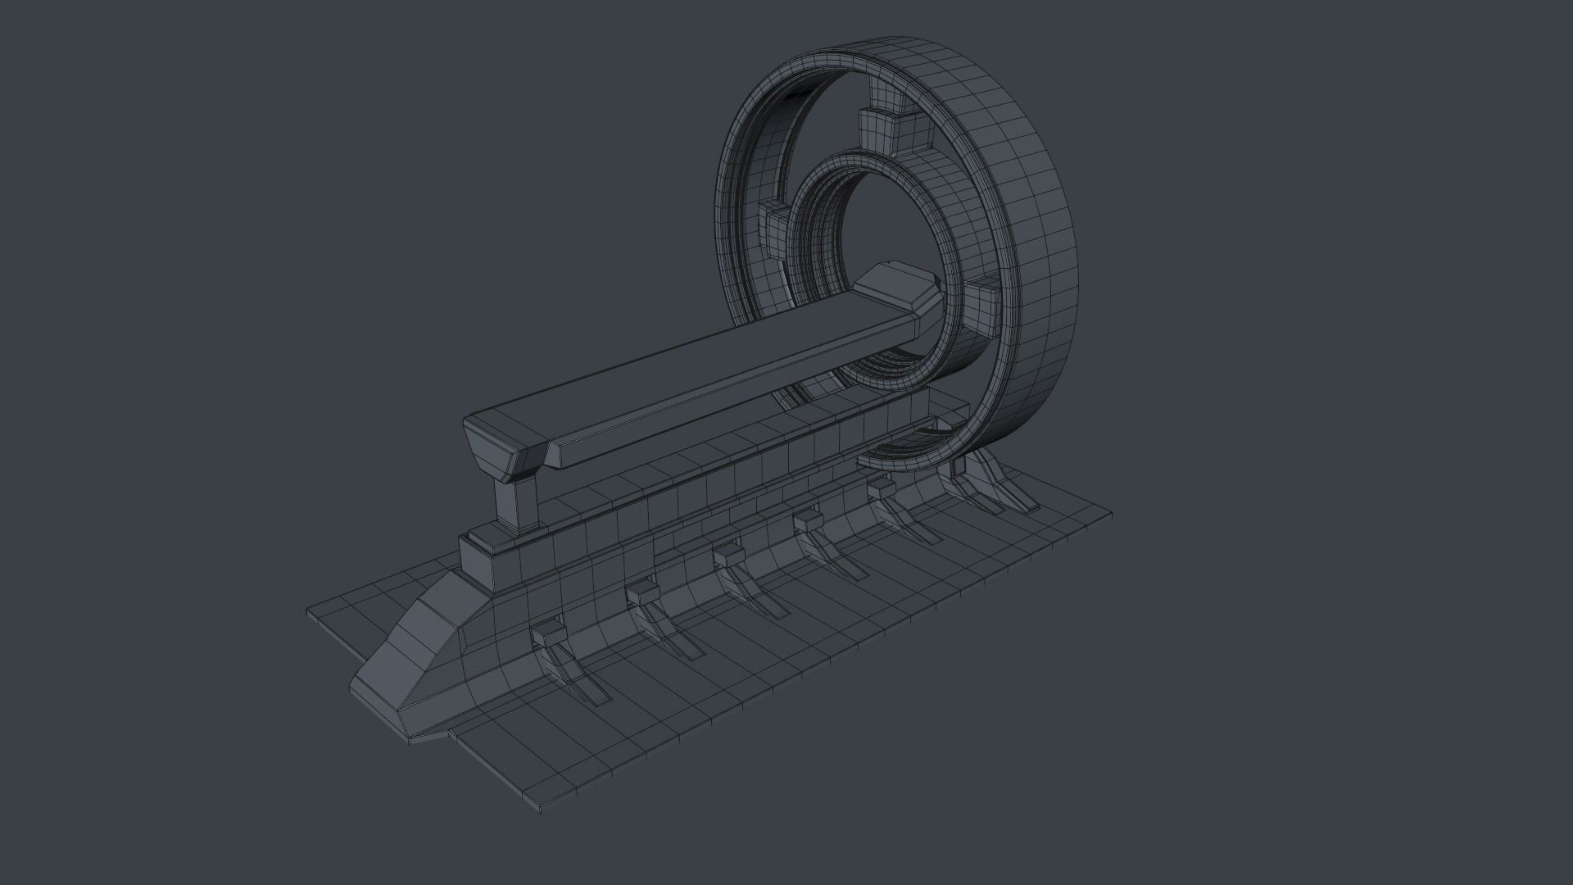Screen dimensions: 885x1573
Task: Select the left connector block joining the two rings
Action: coord(774,226)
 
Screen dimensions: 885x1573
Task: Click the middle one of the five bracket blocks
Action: coord(728,558)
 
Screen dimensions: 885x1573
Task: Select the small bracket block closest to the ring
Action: coord(880,487)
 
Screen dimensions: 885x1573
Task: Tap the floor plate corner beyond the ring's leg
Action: coord(1108,516)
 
